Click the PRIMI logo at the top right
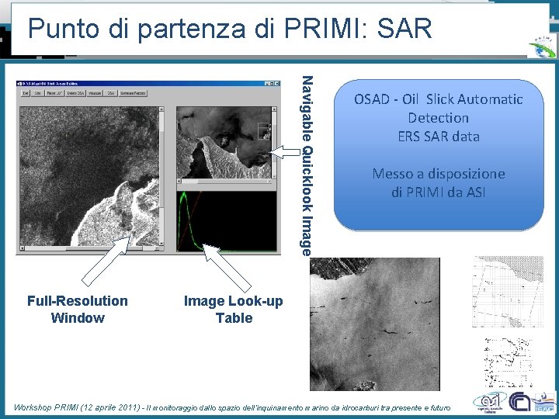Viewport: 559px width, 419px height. click(x=541, y=46)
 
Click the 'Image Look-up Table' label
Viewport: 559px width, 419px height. click(x=234, y=309)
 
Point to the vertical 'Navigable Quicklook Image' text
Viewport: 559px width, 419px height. click(x=307, y=164)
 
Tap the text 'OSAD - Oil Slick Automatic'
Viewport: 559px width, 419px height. click(x=438, y=99)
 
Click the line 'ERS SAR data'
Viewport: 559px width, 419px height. click(x=438, y=137)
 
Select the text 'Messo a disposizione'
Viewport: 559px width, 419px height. click(x=438, y=174)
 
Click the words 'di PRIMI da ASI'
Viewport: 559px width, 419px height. click(x=438, y=192)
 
